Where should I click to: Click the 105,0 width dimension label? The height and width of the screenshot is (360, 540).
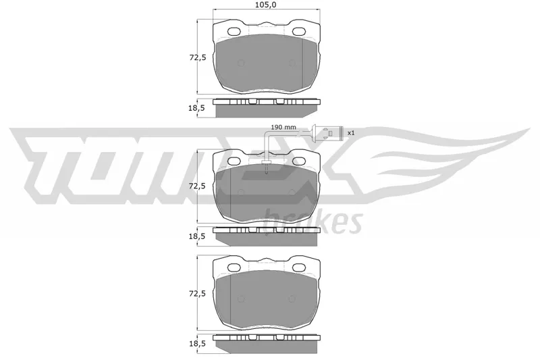coord(266,5)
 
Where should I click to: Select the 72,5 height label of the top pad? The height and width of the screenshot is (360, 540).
coord(198,57)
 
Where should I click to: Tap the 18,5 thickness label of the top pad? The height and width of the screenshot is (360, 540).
coord(196,108)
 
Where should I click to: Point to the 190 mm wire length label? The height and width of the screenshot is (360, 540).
coord(283,127)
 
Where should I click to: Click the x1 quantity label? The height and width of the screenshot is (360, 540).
coord(351,132)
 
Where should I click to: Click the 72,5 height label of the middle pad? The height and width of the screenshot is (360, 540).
coord(197,186)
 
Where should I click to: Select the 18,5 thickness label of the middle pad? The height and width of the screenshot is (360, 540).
coord(196,236)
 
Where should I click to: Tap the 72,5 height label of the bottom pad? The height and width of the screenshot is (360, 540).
coord(198,294)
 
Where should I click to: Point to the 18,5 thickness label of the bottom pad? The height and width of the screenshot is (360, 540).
coord(196,344)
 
